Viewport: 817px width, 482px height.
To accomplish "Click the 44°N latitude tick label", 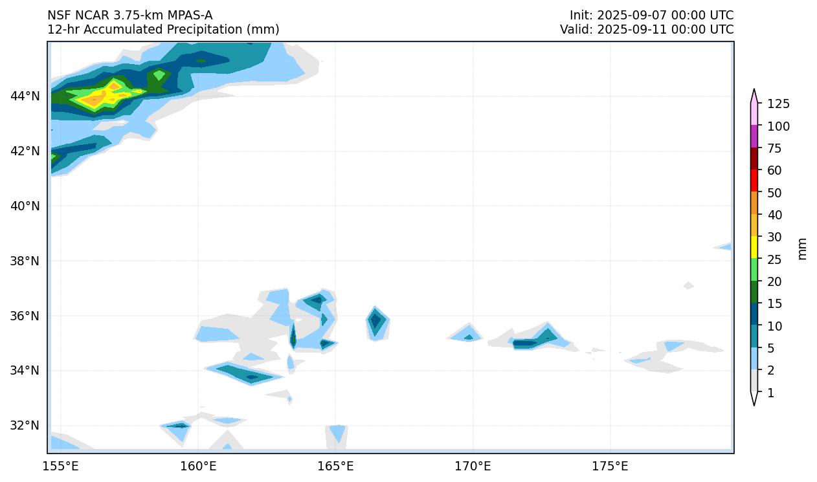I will (25, 96).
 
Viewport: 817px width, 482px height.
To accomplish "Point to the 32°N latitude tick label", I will (25, 426).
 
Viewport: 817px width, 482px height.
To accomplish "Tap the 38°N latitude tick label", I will (25, 261).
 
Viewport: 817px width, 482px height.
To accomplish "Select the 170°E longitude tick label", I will (473, 466).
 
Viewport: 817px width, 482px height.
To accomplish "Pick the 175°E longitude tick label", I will (610, 466).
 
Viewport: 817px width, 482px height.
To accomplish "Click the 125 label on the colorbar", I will (778, 104).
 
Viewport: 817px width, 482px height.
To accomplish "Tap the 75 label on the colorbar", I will (775, 149).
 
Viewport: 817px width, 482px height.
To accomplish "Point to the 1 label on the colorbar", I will (770, 393).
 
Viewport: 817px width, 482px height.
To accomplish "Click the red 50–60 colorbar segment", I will (754, 180).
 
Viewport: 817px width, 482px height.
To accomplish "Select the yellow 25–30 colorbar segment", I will (754, 246).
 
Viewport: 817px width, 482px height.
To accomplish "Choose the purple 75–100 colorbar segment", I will (754, 136).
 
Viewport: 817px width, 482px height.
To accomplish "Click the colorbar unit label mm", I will (802, 248).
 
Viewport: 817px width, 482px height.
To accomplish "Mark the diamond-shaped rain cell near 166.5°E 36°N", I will (375, 321).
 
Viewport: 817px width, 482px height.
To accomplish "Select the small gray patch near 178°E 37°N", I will (688, 285).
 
